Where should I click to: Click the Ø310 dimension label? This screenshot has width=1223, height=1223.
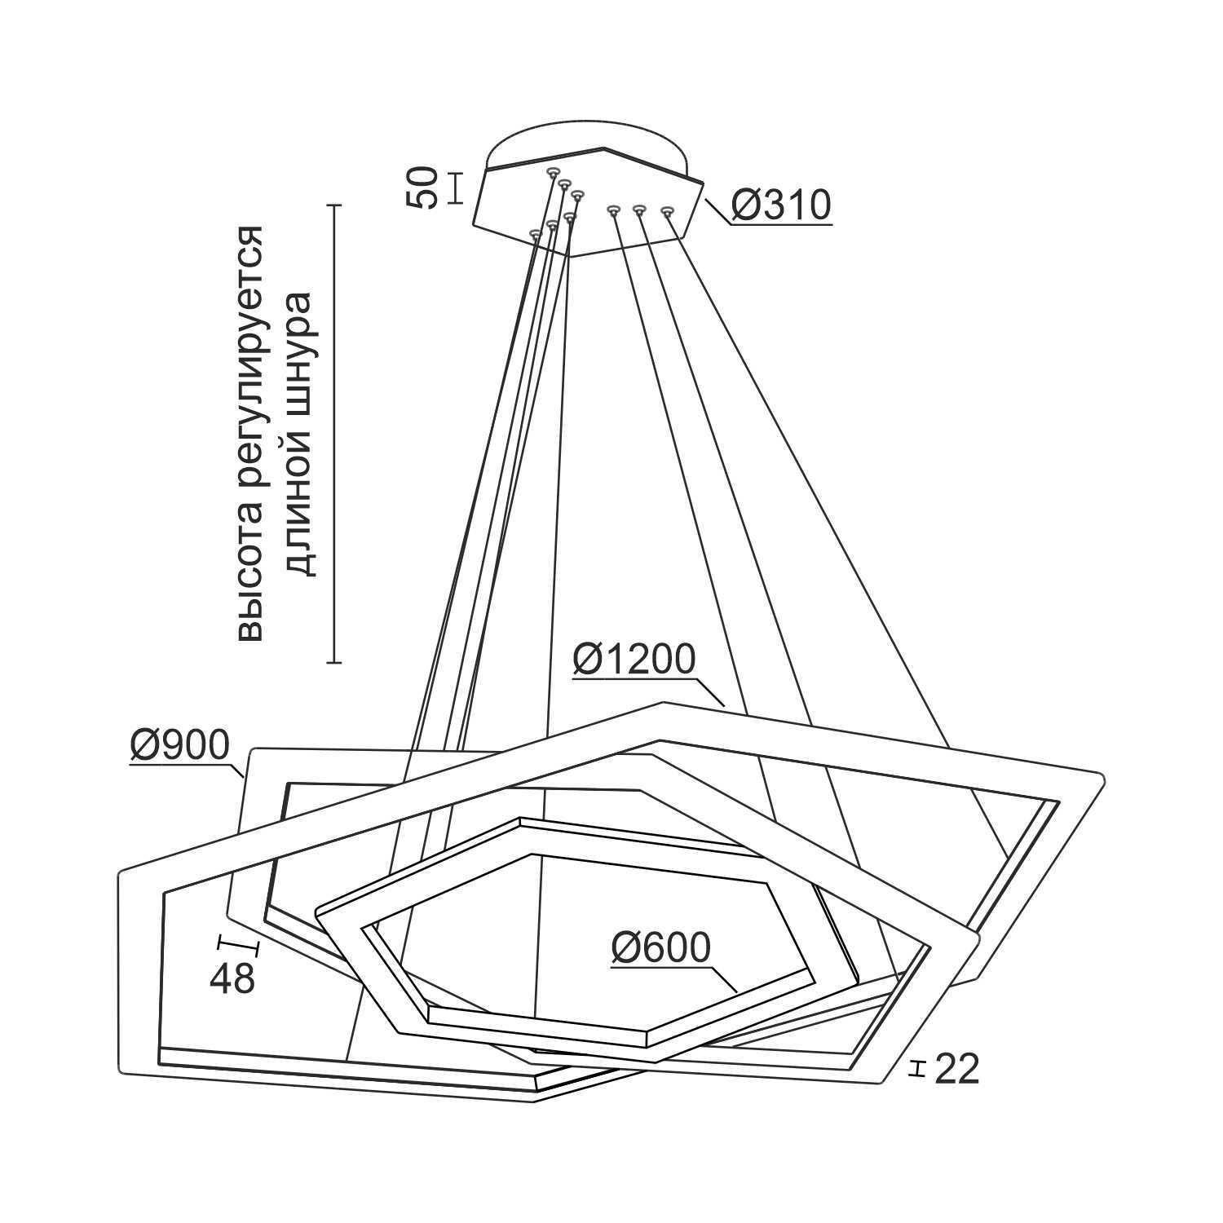click(x=781, y=205)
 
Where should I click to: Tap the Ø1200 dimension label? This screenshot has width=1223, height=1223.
click(x=634, y=660)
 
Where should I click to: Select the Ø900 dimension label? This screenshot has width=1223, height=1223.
click(x=180, y=744)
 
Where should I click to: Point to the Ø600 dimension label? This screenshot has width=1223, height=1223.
click(x=661, y=947)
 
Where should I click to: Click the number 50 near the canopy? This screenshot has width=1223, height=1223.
click(x=424, y=188)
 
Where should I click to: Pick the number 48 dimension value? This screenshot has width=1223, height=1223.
click(x=232, y=978)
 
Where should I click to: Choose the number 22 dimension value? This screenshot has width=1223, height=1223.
click(x=956, y=1070)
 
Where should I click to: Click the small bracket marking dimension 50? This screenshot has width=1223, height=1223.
click(x=456, y=188)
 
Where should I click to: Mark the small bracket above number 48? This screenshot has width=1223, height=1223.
click(x=237, y=947)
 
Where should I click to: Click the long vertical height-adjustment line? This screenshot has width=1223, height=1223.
click(x=333, y=433)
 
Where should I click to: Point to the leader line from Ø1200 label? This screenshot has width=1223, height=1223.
click(x=711, y=691)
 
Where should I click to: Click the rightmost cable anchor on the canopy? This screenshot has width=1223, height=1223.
click(x=668, y=212)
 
